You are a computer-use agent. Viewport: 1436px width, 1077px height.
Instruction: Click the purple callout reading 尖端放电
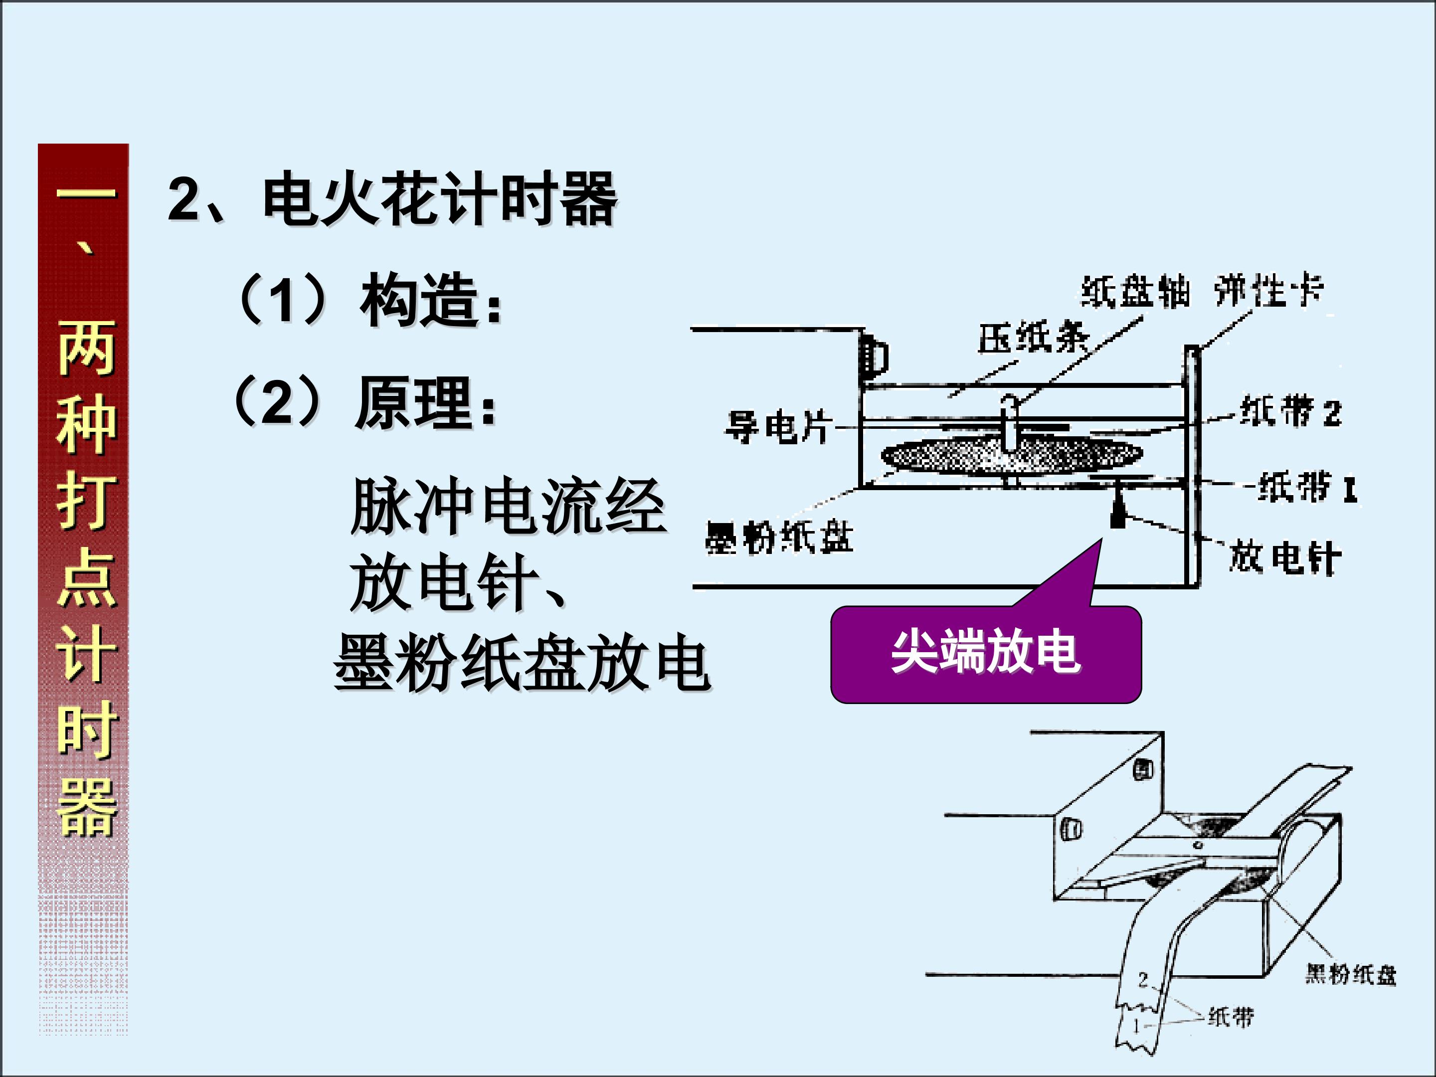click(x=985, y=652)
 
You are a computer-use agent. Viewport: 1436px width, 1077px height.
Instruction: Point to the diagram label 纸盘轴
click(x=1135, y=292)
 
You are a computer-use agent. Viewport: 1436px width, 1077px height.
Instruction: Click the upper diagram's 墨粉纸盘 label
click(x=778, y=538)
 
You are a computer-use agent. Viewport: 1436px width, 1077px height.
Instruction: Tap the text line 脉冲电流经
click(x=508, y=507)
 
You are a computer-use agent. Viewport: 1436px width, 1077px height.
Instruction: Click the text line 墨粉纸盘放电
click(x=522, y=664)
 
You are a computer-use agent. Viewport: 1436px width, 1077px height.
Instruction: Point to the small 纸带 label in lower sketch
click(x=1230, y=1017)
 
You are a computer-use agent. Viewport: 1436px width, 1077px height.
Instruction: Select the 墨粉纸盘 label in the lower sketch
click(x=1350, y=974)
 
